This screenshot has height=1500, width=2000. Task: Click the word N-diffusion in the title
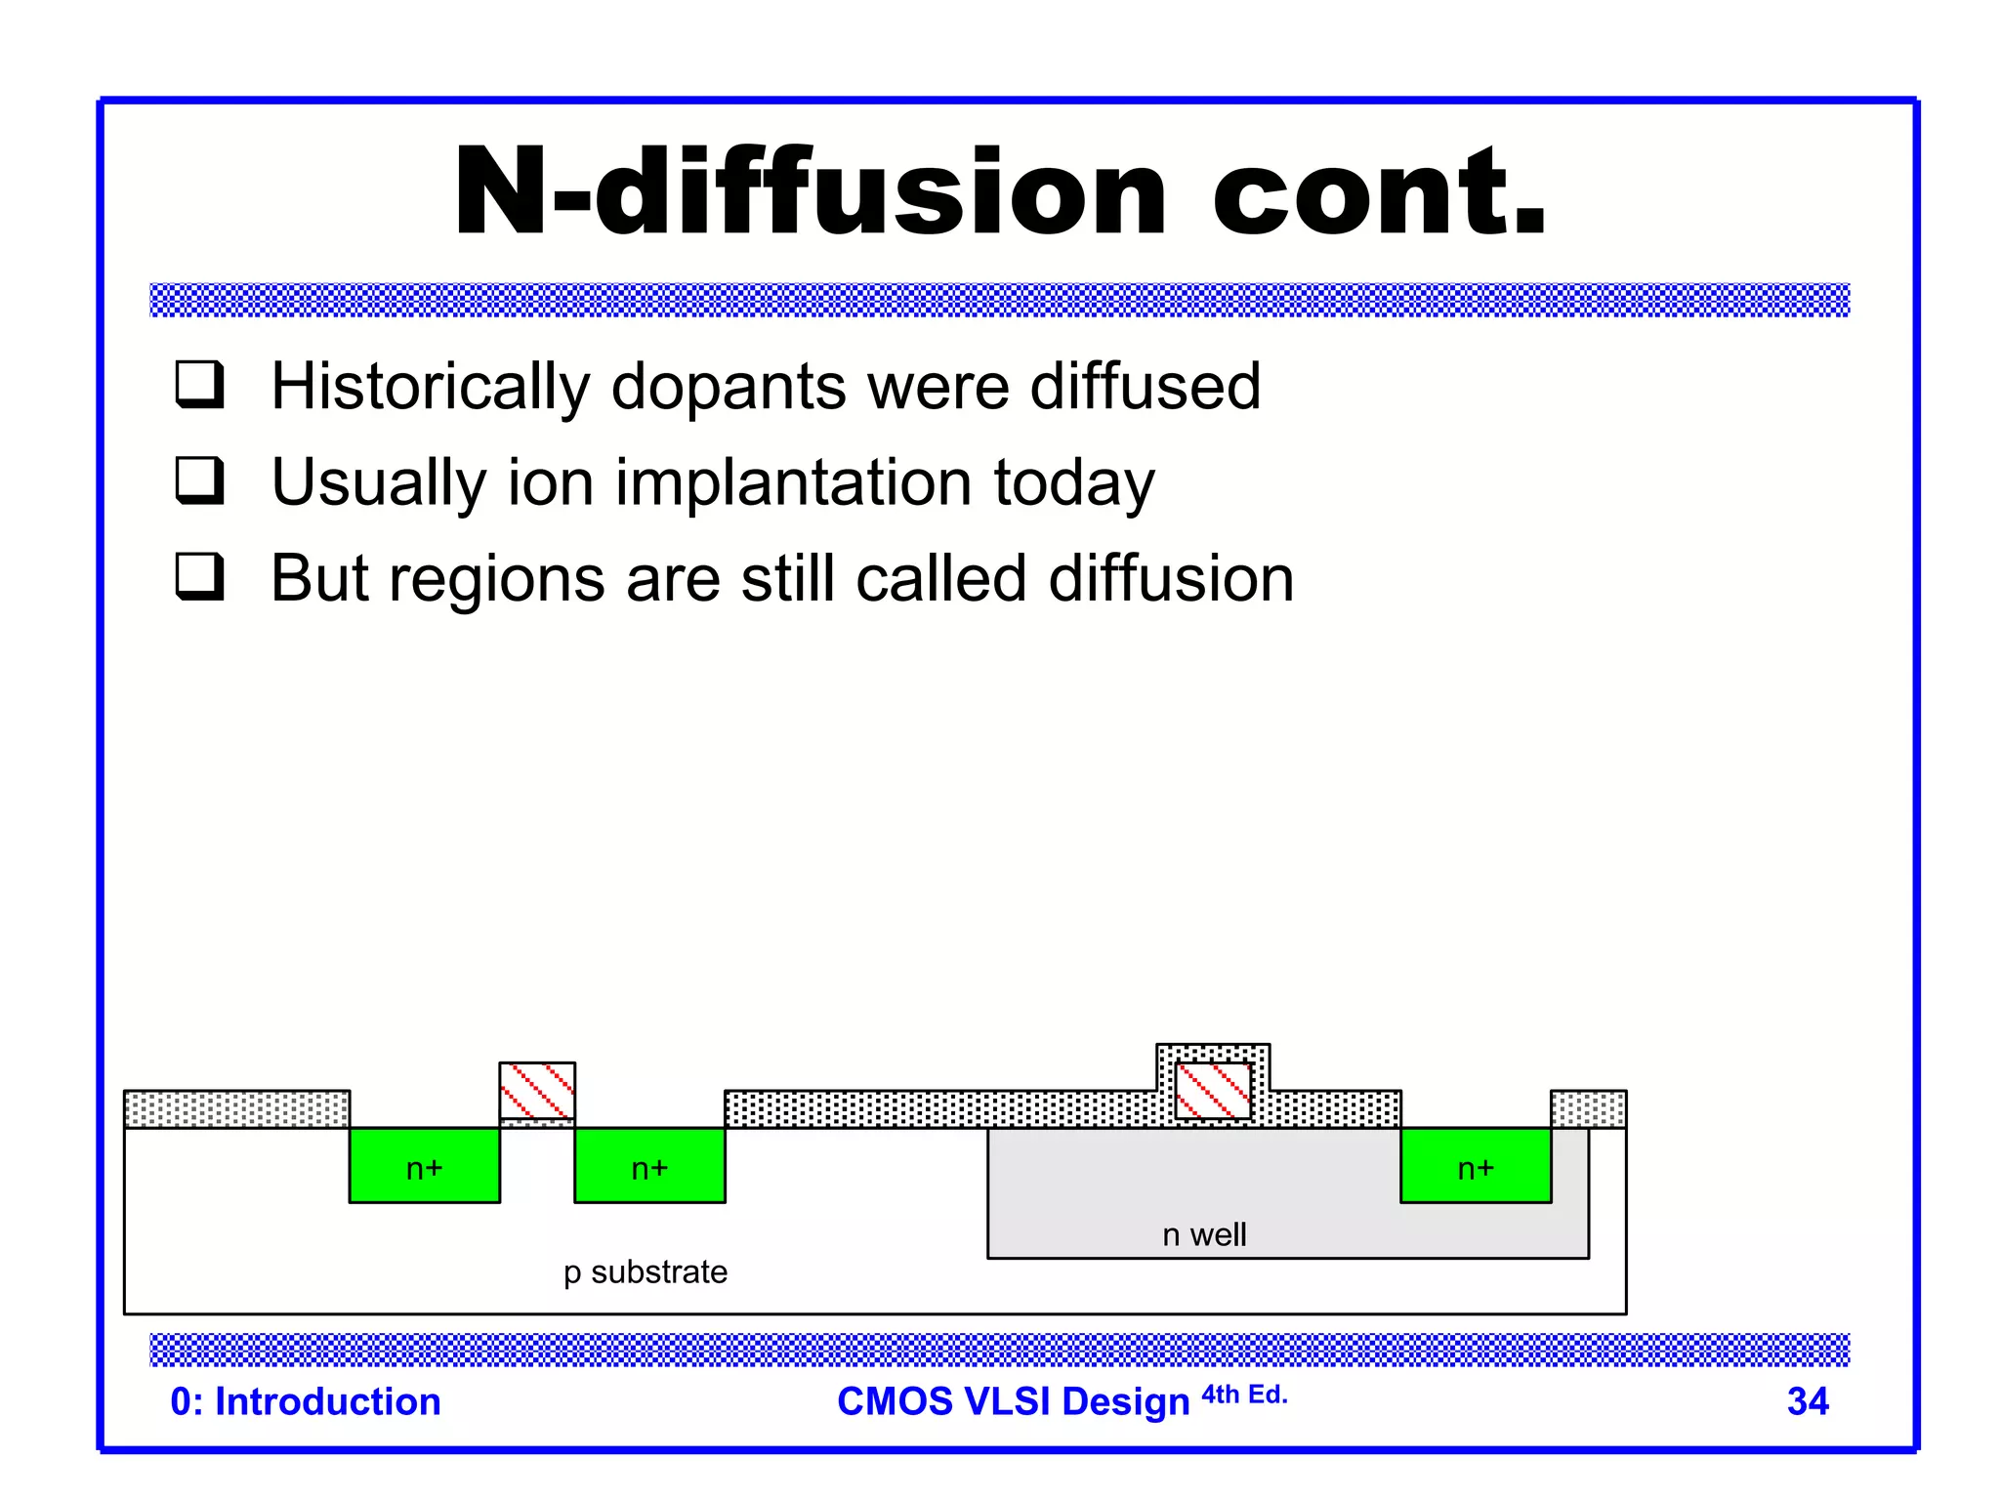coord(809,192)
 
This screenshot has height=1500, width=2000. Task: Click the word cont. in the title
coord(1379,192)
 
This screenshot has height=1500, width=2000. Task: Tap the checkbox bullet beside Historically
coord(200,384)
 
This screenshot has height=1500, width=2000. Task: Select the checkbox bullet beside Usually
coord(200,479)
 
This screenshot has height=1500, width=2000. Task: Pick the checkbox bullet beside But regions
coord(200,576)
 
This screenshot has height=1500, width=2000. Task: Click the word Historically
coord(430,387)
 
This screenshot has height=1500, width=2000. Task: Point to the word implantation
coord(793,482)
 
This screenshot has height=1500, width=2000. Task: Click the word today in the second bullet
coord(1074,482)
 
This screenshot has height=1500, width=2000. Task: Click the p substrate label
coord(645,1271)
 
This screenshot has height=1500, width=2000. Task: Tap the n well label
coord(1204,1234)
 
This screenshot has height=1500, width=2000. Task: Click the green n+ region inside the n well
coord(1475,1166)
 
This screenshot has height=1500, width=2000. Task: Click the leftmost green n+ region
coord(424,1166)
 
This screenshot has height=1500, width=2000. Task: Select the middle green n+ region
coord(649,1166)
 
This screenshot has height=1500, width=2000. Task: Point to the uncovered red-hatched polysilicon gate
coord(537,1090)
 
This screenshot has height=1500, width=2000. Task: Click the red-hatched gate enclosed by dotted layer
coord(1213,1090)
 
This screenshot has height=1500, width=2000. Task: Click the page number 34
coord(1807,1401)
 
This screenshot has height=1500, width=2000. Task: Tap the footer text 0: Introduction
coord(306,1401)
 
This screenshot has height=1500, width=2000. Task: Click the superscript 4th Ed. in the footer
coord(1244,1395)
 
